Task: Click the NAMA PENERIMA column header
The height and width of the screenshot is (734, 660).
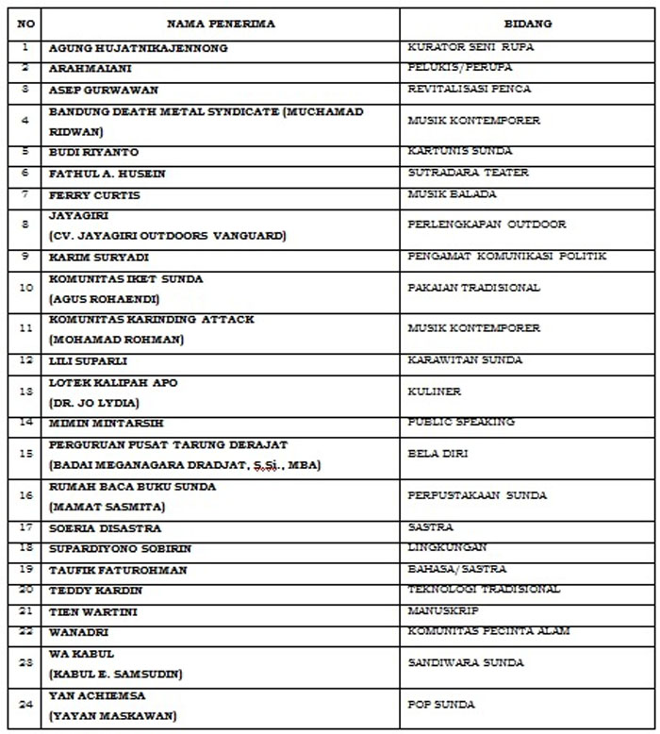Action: (221, 25)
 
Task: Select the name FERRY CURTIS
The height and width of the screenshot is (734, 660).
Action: (94, 195)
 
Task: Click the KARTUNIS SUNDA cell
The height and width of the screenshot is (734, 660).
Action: (460, 151)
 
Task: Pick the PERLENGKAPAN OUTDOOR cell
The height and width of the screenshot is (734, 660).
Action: (487, 225)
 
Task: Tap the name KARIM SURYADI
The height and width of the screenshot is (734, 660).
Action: (99, 257)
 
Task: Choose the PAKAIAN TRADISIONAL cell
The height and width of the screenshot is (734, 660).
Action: (474, 288)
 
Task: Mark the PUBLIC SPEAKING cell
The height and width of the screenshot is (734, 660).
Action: (461, 423)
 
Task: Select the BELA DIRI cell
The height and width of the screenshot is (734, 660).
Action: (438, 454)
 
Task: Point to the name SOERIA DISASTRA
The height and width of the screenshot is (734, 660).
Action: (105, 528)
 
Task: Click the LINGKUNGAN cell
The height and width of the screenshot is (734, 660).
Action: (448, 547)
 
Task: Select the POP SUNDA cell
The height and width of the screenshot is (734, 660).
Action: (441, 705)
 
